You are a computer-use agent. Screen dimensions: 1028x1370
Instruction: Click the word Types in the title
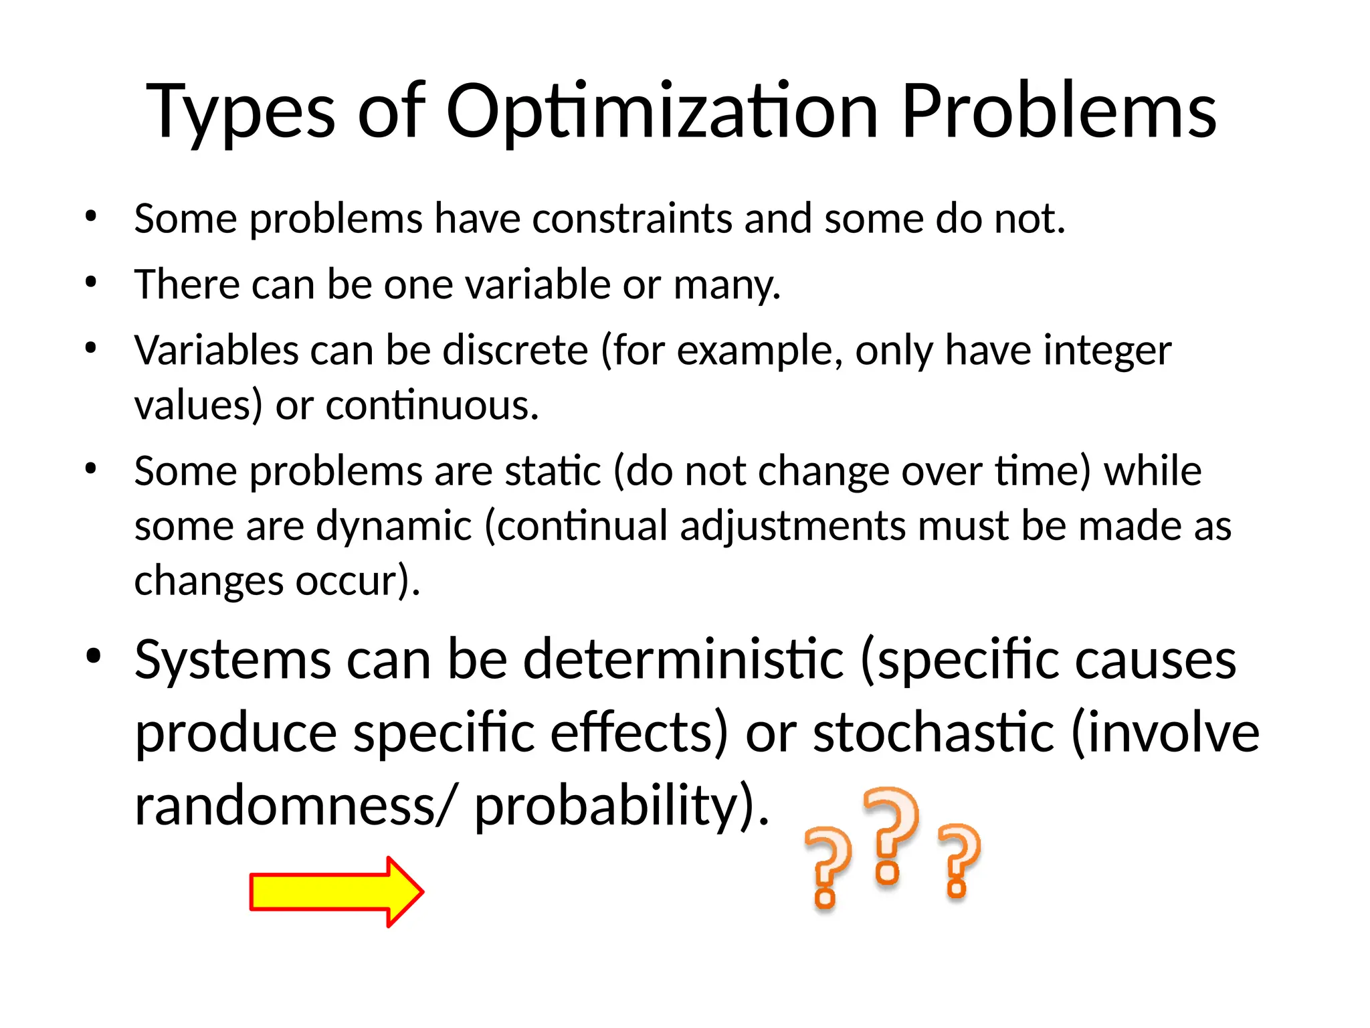click(239, 112)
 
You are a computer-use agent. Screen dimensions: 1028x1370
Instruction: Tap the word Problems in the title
click(1058, 111)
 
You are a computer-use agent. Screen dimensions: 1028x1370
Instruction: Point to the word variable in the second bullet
click(537, 284)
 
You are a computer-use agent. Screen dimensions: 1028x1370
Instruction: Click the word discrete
click(515, 350)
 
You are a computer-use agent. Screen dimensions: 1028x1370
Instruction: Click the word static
click(553, 471)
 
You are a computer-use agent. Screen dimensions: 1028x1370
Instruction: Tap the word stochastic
click(933, 733)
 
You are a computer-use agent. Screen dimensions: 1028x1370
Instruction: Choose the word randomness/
click(297, 806)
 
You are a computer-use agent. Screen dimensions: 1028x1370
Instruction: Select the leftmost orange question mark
click(827, 867)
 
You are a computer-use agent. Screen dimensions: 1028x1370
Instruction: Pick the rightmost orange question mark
click(959, 859)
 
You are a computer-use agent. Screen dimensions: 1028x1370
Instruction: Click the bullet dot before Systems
click(93, 657)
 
